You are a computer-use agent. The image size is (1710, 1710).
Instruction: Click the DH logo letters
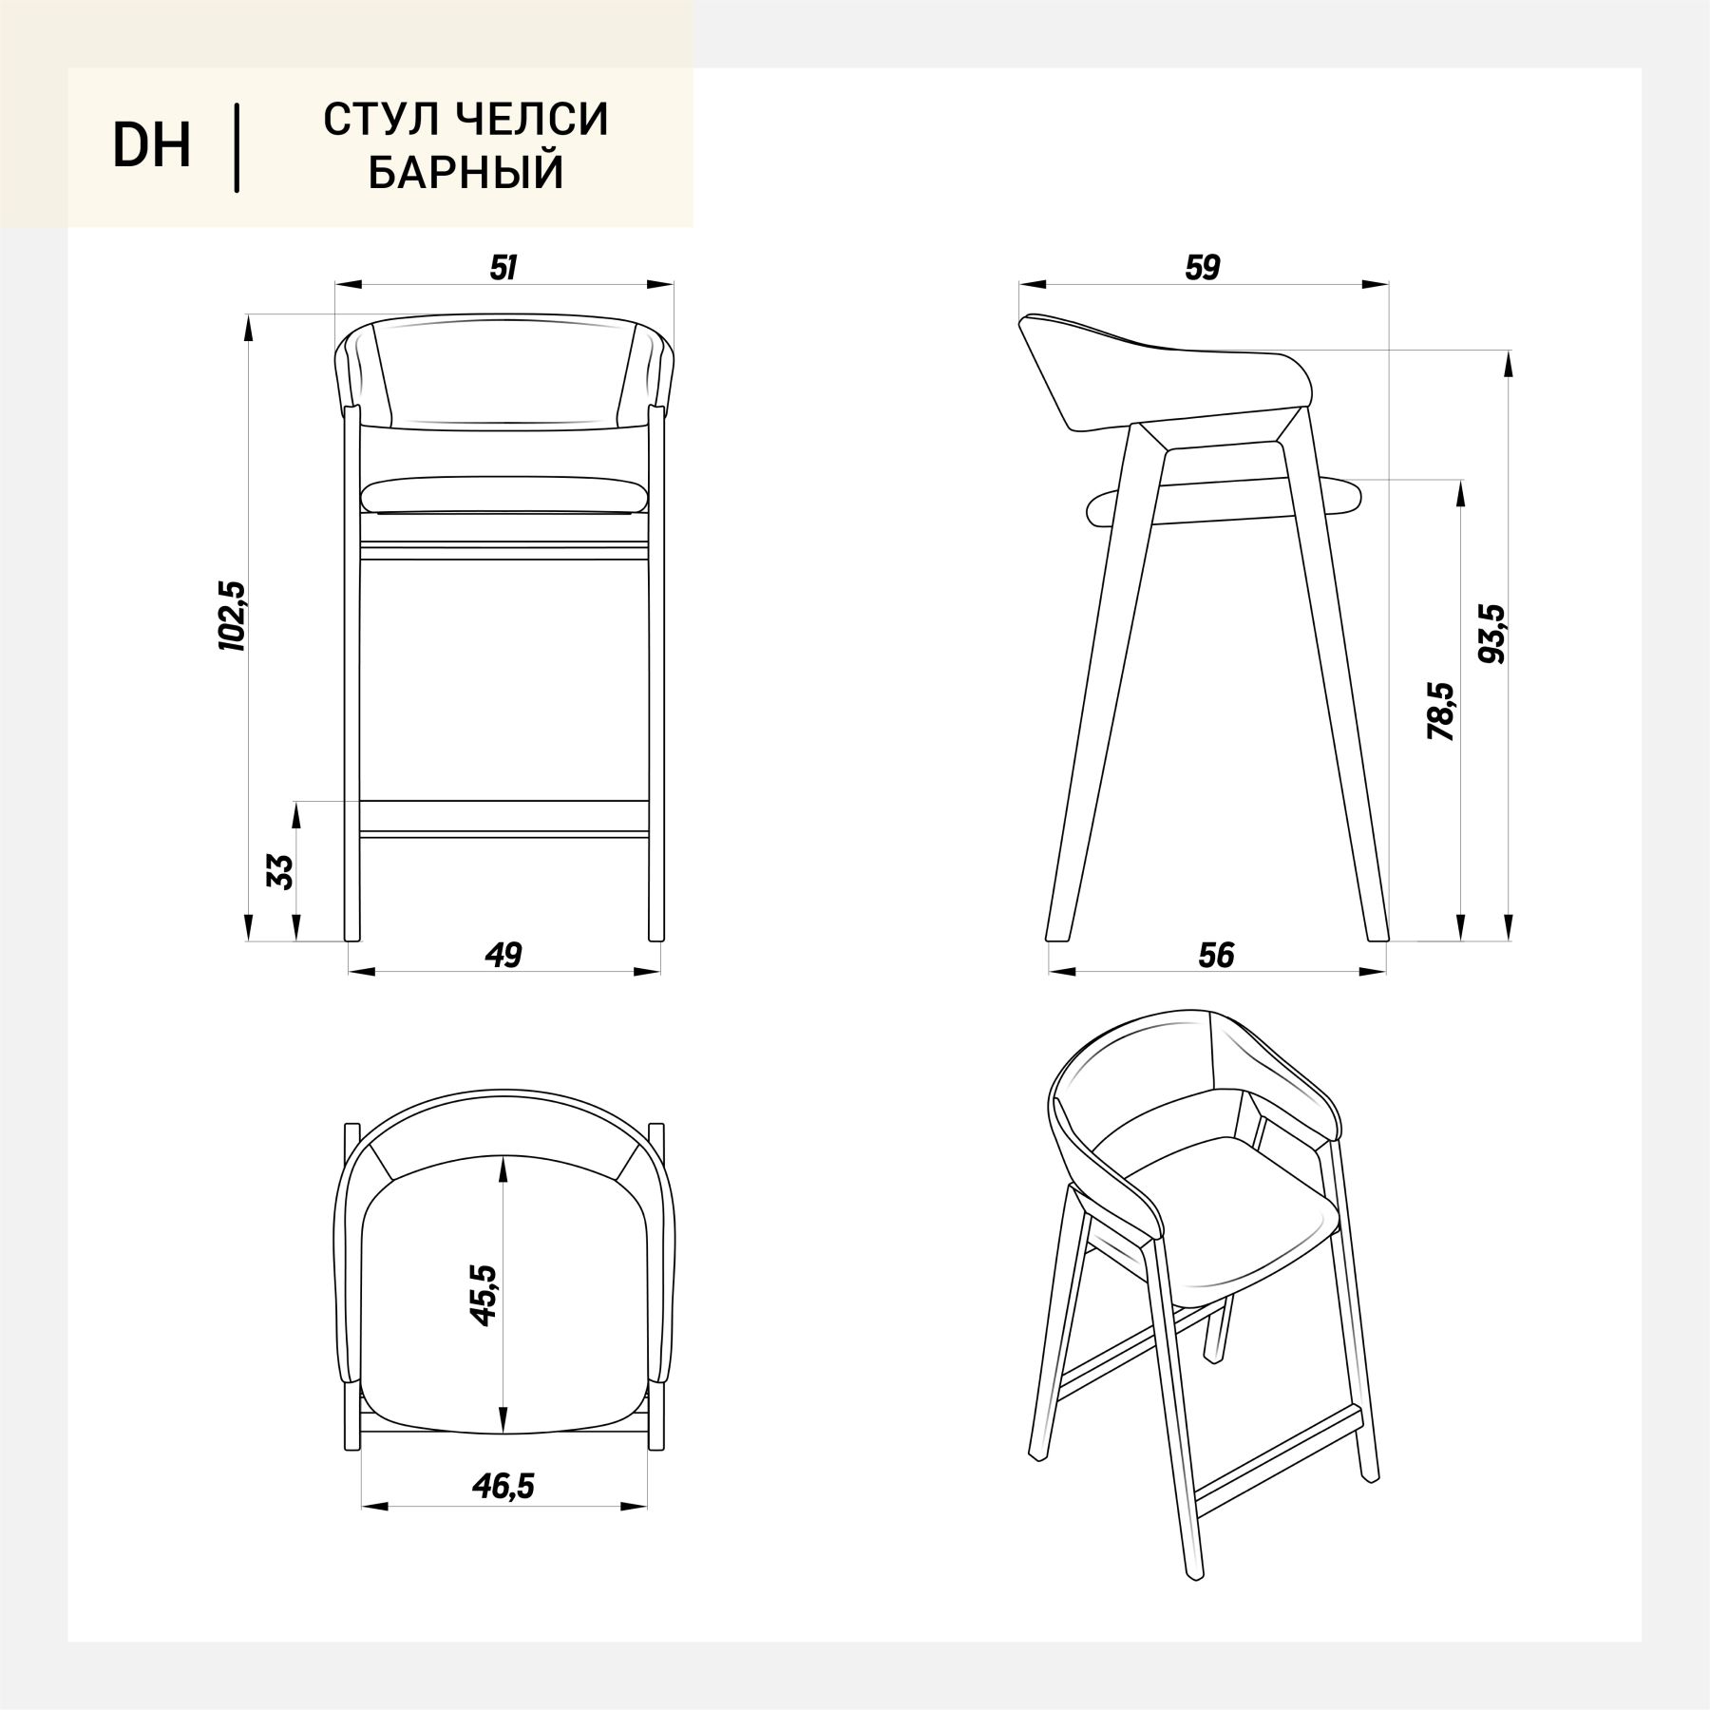pos(152,146)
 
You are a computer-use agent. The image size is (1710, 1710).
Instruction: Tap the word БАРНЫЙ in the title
pos(465,173)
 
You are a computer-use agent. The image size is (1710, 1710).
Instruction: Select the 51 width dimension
pos(503,268)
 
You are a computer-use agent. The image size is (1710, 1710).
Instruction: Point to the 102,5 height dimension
pos(233,616)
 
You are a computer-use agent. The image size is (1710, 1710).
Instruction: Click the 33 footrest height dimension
pos(281,871)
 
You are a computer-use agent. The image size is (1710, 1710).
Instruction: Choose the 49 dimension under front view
pos(503,955)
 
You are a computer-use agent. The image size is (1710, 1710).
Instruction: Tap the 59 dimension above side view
pos(1202,268)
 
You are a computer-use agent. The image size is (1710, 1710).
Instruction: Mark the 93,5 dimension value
pos(1492,634)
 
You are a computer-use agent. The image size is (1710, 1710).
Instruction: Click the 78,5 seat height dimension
pos(1441,712)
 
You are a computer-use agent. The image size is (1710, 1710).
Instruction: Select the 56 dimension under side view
pos(1216,955)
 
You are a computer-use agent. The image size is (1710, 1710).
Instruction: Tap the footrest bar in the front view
pos(503,818)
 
